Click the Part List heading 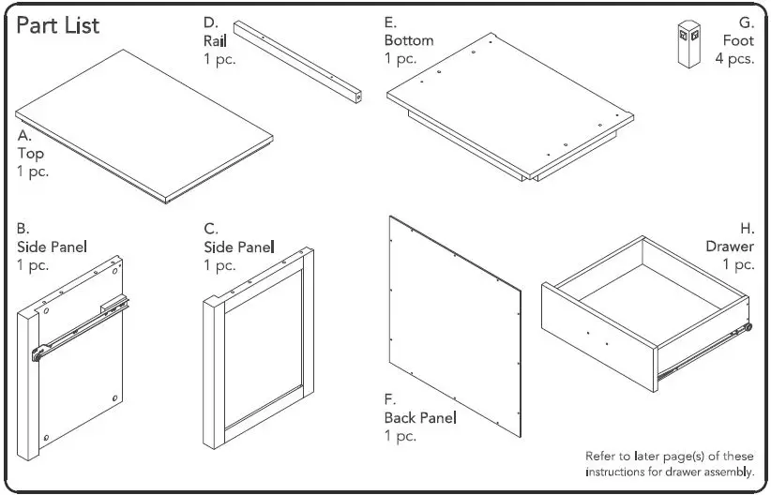click(58, 25)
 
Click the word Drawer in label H click(730, 247)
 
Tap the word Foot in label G click(738, 41)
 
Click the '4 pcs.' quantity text click(734, 59)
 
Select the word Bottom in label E click(409, 41)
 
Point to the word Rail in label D click(215, 41)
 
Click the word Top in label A click(30, 154)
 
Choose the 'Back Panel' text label click(420, 417)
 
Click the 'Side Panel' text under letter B click(52, 247)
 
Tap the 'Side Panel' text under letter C click(239, 247)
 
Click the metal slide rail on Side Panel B click(79, 327)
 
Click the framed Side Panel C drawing click(259, 347)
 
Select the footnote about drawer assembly click(670, 464)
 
